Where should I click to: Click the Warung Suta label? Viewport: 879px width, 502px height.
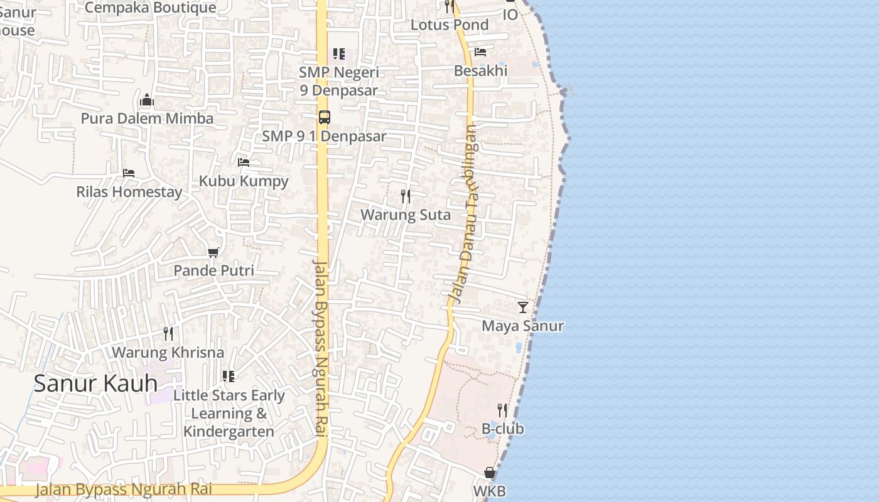(406, 215)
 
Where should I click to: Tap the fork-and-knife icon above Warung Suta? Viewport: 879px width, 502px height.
(406, 196)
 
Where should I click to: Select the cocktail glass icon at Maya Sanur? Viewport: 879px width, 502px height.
(522, 307)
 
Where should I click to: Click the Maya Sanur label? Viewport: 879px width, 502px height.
(522, 326)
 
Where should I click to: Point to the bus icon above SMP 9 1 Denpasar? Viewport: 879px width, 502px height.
(324, 117)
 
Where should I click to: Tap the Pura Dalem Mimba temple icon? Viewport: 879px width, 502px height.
(147, 100)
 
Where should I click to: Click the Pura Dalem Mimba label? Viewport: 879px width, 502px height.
(147, 119)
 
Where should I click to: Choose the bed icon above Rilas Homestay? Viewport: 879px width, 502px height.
(129, 173)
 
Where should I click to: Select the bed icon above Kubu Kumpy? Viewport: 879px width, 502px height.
(244, 163)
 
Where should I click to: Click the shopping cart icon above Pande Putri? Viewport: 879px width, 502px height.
(213, 252)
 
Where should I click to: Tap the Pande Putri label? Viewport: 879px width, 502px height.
(213, 270)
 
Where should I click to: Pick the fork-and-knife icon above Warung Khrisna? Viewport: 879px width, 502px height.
(168, 333)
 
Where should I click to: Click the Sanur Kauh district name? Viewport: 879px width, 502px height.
(95, 383)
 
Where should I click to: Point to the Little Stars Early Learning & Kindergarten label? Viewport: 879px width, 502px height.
(229, 414)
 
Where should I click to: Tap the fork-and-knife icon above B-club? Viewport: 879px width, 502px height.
(502, 410)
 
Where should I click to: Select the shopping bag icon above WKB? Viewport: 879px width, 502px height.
(490, 473)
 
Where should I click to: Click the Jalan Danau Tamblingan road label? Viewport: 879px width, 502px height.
(464, 213)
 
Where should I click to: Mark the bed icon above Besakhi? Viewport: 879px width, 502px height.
(480, 52)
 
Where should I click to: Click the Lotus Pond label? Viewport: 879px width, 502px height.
(450, 25)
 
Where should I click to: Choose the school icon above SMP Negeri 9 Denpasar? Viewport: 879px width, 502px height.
(339, 54)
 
